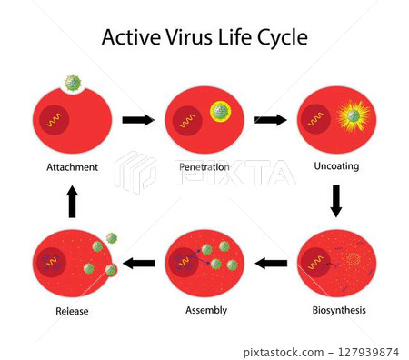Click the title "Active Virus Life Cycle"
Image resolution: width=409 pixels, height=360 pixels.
pyautogui.click(x=204, y=37)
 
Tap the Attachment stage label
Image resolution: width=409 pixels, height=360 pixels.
pyautogui.click(x=73, y=167)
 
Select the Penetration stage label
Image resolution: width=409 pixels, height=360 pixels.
pyautogui.click(x=204, y=167)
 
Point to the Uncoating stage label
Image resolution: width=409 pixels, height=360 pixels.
pyautogui.click(x=335, y=167)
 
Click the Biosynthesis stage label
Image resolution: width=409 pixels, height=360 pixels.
pyautogui.click(x=336, y=310)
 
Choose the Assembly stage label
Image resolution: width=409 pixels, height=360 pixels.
pyautogui.click(x=204, y=310)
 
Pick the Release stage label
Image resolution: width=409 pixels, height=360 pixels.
pyautogui.click(x=73, y=311)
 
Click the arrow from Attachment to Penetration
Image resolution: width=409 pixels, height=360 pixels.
pyautogui.click(x=138, y=119)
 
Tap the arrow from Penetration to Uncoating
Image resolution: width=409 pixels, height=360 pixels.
pyautogui.click(x=270, y=119)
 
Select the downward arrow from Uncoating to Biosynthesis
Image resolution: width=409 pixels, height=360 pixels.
pyautogui.click(x=335, y=200)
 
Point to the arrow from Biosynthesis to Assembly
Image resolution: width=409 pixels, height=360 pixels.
pyautogui.click(x=270, y=264)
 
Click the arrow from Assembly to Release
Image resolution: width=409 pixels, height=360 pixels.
pyautogui.click(x=138, y=264)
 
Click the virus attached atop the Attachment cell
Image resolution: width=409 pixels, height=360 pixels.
pyautogui.click(x=74, y=84)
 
